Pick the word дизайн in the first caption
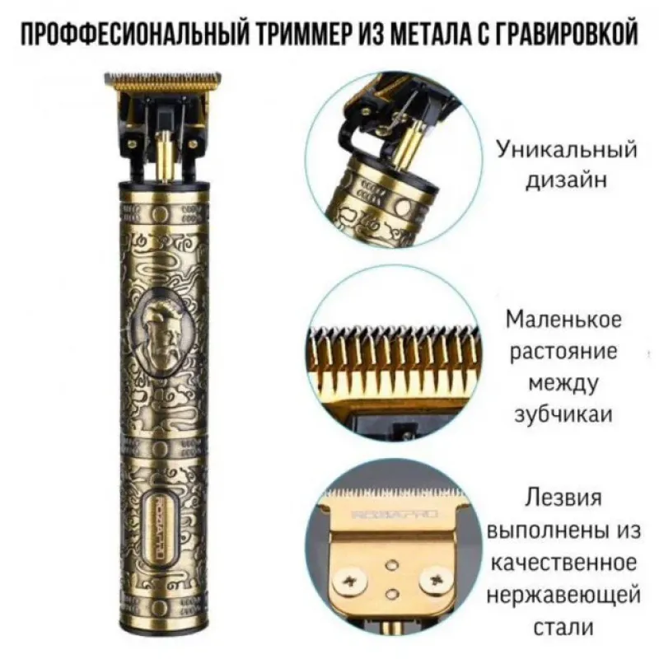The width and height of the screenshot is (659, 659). (x=567, y=180)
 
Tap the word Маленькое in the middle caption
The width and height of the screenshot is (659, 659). (x=563, y=320)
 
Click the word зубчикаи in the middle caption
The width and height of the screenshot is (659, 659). (x=563, y=415)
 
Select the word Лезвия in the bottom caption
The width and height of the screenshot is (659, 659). (x=563, y=498)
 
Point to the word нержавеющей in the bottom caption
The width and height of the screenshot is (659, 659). (x=563, y=596)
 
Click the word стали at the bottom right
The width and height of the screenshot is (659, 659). (x=563, y=628)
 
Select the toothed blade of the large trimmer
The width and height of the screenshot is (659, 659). (x=162, y=82)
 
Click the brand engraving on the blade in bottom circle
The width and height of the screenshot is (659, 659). (x=395, y=513)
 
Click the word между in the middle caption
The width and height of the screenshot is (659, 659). (x=563, y=382)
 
